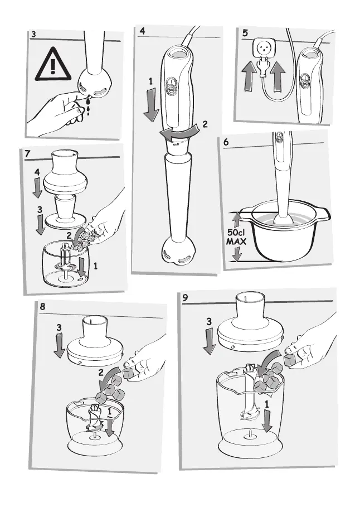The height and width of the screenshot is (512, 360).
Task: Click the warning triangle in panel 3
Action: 53,65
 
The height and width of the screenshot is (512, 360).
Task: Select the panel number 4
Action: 142,31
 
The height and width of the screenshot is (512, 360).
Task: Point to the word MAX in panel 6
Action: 236,242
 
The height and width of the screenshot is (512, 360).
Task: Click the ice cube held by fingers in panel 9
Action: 290,360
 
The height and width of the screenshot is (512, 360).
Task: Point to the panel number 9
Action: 186,297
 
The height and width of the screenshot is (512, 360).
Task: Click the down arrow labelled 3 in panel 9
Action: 209,341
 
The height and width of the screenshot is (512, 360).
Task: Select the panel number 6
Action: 226,142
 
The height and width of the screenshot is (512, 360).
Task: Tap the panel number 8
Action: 42,307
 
